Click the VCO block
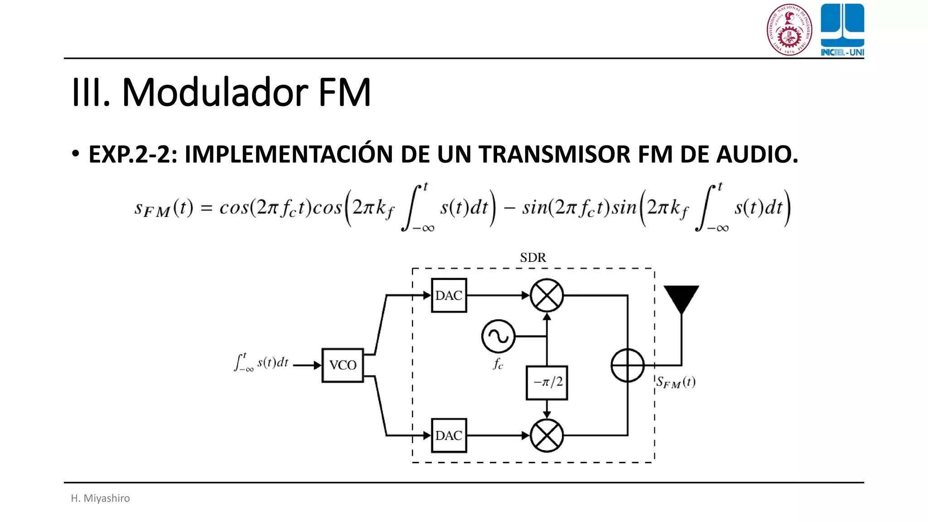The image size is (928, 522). pos(343,365)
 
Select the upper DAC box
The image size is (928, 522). pos(449,295)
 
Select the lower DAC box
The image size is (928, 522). pos(449,435)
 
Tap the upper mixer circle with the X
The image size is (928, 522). pos(546,295)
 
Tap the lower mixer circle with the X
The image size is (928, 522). pos(546,435)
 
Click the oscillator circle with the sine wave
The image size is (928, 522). pos(498,337)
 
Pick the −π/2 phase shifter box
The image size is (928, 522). pos(547,382)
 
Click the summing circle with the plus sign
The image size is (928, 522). pos(628,365)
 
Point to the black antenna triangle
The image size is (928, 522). pos(681,297)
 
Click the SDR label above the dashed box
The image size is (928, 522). pos(533,258)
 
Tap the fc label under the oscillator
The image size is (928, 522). pos(498,364)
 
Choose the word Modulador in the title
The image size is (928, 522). pos(215,92)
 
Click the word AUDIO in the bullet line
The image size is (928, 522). pos(757,155)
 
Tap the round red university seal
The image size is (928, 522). pos(789,29)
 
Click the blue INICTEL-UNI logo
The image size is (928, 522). pos(842,29)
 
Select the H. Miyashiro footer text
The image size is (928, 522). pos(100,498)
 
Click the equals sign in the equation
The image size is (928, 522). pos(207,208)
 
